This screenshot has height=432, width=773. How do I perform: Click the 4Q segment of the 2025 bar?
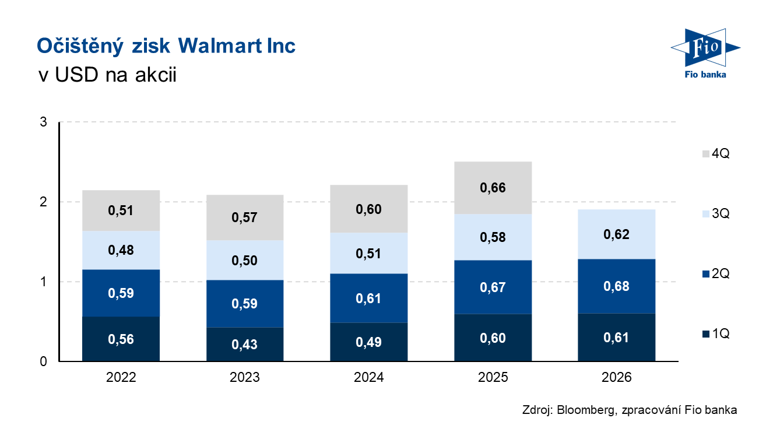point(493,188)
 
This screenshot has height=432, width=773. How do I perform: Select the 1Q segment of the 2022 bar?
point(121,339)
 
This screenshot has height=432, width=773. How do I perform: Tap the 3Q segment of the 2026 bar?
point(617,234)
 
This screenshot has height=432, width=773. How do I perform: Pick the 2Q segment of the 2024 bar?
point(369,298)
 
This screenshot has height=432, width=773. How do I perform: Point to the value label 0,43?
point(245,344)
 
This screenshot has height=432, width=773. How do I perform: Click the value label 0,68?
point(617,286)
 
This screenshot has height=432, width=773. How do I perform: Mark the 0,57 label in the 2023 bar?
point(245,217)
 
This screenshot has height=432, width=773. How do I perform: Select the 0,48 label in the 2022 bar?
point(121,250)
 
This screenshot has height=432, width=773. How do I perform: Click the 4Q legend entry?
point(715,154)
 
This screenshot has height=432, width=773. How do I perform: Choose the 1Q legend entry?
point(715,334)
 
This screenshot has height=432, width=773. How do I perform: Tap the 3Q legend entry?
point(715,214)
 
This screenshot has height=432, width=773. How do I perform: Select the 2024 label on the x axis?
point(369,378)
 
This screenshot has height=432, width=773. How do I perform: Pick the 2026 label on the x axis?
point(617,378)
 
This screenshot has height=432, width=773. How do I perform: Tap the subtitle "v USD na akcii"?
point(106,75)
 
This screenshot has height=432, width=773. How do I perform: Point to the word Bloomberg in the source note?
point(585,410)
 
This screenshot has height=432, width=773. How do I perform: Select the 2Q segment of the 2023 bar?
point(245,303)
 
